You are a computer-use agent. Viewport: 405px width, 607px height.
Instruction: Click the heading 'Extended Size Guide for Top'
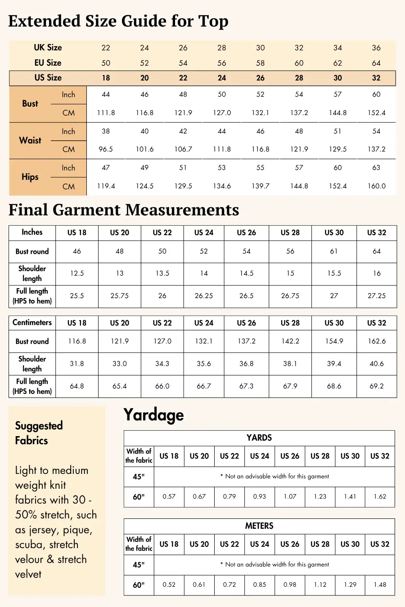[118, 21]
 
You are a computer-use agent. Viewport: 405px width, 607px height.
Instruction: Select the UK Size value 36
[376, 48]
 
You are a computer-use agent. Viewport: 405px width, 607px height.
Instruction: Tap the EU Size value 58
[261, 63]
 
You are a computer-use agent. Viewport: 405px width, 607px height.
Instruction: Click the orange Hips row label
[30, 177]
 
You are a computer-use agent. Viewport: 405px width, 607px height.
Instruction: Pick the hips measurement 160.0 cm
[376, 186]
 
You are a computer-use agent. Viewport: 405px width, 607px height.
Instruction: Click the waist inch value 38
[106, 131]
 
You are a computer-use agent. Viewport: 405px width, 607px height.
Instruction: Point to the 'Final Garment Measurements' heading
[124, 210]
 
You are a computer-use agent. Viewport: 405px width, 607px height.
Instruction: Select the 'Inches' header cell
[32, 232]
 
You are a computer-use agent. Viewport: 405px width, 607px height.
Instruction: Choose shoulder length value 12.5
[77, 273]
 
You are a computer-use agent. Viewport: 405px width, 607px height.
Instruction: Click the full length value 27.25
[376, 296]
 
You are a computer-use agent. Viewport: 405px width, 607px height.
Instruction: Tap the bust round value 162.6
[376, 341]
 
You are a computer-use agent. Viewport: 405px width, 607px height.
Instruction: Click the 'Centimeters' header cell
[32, 322]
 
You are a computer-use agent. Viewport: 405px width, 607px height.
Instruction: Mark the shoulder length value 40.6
[376, 364]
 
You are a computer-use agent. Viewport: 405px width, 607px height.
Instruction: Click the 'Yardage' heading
[153, 415]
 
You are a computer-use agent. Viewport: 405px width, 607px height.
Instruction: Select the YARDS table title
[259, 438]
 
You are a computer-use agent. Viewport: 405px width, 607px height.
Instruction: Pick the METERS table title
[259, 526]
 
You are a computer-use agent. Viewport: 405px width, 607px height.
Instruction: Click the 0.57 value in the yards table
[169, 497]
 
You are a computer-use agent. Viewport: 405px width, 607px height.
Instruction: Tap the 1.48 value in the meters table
[380, 585]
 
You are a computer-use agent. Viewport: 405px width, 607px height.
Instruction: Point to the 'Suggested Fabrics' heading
[39, 433]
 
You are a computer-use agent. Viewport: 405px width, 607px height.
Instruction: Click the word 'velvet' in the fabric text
[28, 574]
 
